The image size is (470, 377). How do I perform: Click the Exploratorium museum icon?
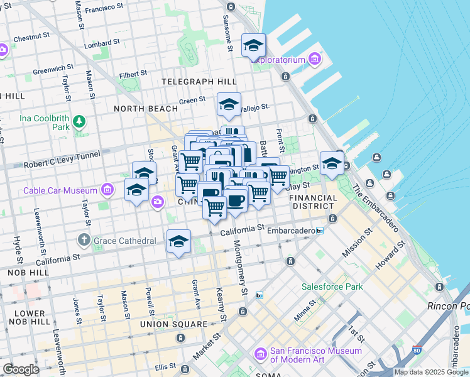[315, 60]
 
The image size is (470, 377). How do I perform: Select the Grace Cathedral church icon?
[84, 240]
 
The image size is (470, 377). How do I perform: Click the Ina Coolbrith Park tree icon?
[79, 121]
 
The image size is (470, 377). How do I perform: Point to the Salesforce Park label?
[332, 287]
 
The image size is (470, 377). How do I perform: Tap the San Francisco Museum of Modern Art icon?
[260, 356]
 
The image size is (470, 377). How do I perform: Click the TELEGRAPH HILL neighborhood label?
[199, 82]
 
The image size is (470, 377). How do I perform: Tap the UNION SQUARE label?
[173, 324]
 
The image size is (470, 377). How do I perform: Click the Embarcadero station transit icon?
[319, 231]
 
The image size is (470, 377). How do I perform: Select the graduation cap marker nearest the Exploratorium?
[253, 46]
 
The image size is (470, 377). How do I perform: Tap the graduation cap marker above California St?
[178, 242]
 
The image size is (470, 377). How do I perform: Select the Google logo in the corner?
[21, 369]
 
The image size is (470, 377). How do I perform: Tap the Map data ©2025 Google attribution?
[431, 372]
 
